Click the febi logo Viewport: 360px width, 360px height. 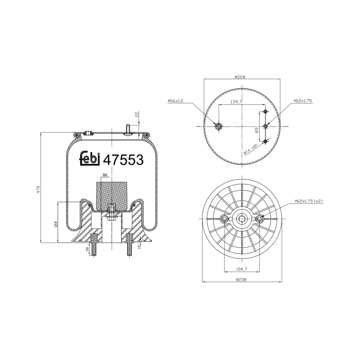90,159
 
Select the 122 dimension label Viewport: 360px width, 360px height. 56,224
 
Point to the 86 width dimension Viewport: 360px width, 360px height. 105,175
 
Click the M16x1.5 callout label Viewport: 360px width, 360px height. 176,101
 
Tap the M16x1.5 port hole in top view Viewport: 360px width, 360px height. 219,126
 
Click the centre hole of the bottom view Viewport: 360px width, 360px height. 242,219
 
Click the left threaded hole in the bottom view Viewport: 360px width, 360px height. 225,219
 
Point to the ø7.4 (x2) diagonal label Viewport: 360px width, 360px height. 250,149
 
